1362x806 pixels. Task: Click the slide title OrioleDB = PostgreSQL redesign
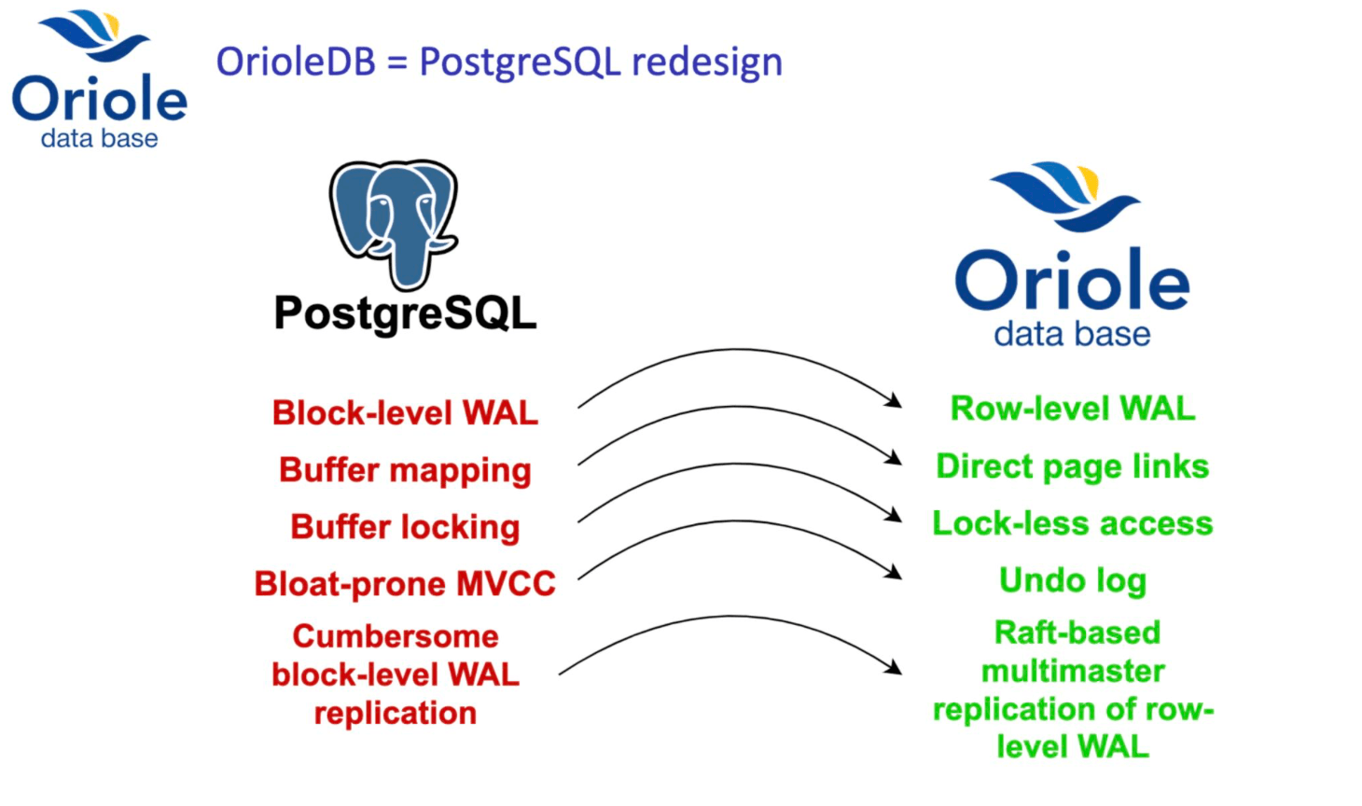click(x=499, y=63)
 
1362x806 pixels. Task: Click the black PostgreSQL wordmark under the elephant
click(x=405, y=313)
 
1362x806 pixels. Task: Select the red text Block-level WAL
click(x=405, y=412)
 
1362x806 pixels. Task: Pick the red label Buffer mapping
click(x=405, y=470)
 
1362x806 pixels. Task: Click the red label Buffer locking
click(x=405, y=527)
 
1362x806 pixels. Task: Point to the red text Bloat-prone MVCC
click(x=405, y=584)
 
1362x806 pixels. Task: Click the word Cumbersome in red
click(x=396, y=636)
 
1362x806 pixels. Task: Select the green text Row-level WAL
click(x=1073, y=409)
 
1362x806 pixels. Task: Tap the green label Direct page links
click(x=1073, y=466)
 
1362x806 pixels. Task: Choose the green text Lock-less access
click(x=1073, y=523)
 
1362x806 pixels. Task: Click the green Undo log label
click(x=1073, y=580)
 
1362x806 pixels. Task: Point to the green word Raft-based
click(x=1077, y=632)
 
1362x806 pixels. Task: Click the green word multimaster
click(x=1073, y=671)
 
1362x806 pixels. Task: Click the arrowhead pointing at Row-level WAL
click(x=896, y=402)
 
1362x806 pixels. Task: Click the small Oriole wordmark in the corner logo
click(x=99, y=99)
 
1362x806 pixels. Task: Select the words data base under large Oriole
click(x=1072, y=334)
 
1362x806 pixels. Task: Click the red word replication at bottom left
click(x=396, y=713)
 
